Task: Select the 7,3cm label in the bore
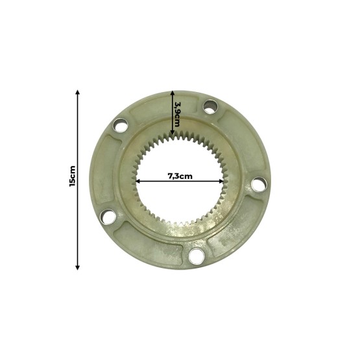click(180, 176)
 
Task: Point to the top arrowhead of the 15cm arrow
click(78, 91)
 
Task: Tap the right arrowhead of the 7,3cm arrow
click(222, 182)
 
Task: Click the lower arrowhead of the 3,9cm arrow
click(172, 138)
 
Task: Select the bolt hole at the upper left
click(119, 126)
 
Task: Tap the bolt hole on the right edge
click(258, 186)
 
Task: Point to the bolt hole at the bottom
click(196, 258)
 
